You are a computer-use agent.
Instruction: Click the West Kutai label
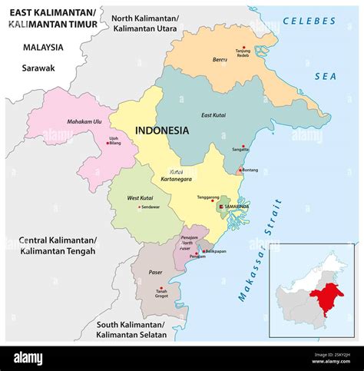[x=140, y=197]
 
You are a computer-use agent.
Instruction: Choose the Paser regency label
[x=156, y=272]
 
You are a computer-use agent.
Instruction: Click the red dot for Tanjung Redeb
[x=244, y=47]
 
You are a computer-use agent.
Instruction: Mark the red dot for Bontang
[x=240, y=171]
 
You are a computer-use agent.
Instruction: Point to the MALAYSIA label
[x=43, y=47]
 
